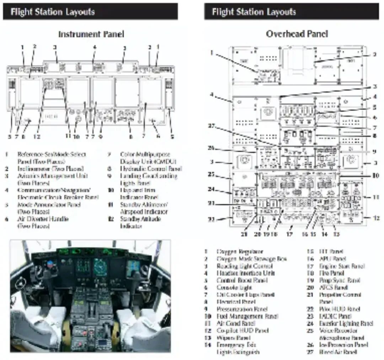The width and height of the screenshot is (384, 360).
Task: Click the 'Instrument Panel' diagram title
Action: tap(91, 34)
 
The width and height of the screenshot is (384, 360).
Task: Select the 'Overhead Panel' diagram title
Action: tap(297, 34)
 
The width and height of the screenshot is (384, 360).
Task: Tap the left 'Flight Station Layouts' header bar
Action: tap(90, 12)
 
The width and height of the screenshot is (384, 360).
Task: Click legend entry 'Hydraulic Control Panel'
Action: tap(151, 168)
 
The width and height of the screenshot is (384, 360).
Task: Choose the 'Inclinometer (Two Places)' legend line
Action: tap(50, 168)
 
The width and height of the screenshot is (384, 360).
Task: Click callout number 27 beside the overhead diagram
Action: tap(212, 125)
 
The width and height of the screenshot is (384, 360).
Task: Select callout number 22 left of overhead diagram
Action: tap(212, 219)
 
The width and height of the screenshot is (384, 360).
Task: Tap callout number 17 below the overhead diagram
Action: tap(290, 235)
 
